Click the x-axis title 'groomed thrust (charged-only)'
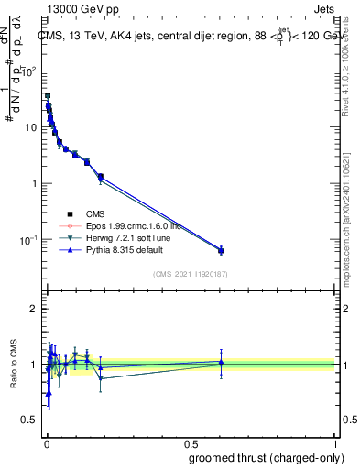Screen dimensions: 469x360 pyautogui.click(x=259, y=457)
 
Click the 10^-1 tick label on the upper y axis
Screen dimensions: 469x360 pyautogui.click(x=29, y=239)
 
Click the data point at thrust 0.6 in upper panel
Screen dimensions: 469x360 pyautogui.click(x=221, y=250)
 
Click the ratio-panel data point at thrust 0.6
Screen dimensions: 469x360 pyautogui.click(x=221, y=364)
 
